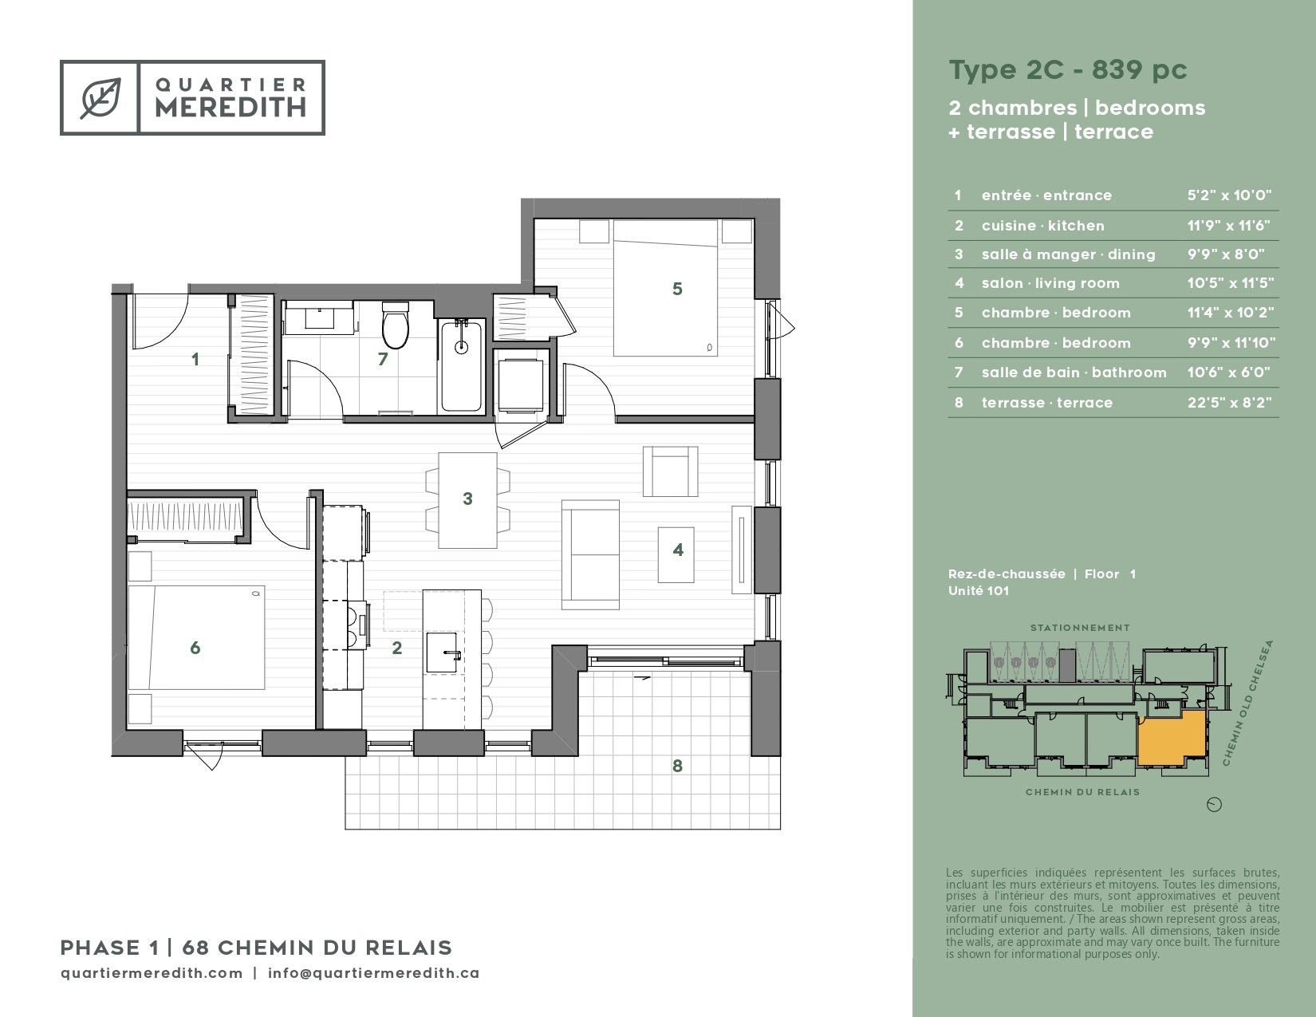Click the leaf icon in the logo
tap(100, 97)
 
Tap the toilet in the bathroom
tap(396, 326)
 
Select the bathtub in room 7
tap(462, 366)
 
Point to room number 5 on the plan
tap(677, 289)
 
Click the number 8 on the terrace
tap(677, 766)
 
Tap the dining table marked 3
tap(467, 500)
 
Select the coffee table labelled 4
tap(676, 554)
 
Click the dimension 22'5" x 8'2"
tap(1229, 402)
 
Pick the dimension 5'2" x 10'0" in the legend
tap(1229, 195)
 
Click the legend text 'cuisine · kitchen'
tap(1043, 225)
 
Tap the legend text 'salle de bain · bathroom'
tap(1074, 372)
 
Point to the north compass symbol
tap(1214, 804)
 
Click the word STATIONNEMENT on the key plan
tap(1080, 628)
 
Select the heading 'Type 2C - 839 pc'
tap(1068, 69)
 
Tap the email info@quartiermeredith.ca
tap(373, 973)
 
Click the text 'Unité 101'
tap(979, 590)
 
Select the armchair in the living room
tap(670, 471)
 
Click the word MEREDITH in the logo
tap(230, 107)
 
